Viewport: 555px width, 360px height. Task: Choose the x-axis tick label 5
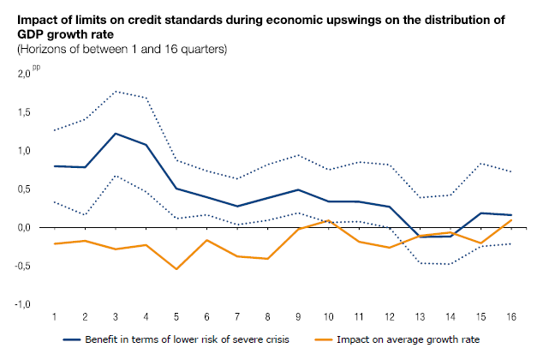point(176,318)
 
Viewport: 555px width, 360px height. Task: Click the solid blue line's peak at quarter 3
point(115,134)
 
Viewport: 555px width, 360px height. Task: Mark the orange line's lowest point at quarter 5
point(176,269)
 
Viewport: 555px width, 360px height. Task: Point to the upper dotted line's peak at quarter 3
point(115,91)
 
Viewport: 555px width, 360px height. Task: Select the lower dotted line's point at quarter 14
point(450,264)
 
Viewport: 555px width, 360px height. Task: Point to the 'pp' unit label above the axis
point(37,67)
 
